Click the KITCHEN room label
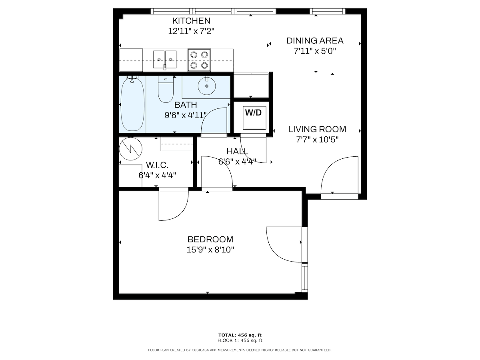pos(191,21)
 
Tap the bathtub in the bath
pos(132,104)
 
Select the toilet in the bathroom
pos(166,89)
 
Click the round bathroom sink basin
pos(207,86)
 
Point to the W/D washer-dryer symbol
pos(254,118)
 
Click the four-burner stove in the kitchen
pos(199,60)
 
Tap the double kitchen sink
pos(165,60)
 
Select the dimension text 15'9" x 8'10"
pos(210,250)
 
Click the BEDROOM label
pos(210,239)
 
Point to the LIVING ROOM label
pos(317,129)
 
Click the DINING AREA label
pos(315,41)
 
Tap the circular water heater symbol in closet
pos(130,149)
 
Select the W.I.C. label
pos(157,165)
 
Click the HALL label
pos(237,151)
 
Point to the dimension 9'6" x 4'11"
pos(186,115)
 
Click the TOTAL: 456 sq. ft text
pos(240,335)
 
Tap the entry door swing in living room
pos(327,168)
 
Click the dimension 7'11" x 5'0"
pos(315,51)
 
